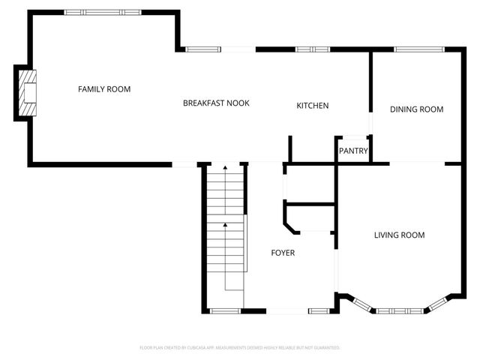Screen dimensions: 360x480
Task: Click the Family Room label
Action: [x=104, y=89]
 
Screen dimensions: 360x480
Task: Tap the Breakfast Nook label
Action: [x=216, y=103]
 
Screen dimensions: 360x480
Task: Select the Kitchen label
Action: [x=312, y=106]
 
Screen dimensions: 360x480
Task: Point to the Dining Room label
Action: [x=416, y=109]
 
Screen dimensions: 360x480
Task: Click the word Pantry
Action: [x=352, y=151]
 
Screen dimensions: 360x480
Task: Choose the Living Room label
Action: [x=399, y=235]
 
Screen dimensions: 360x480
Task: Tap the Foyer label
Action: [x=283, y=253]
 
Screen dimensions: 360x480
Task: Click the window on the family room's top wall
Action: [x=102, y=12]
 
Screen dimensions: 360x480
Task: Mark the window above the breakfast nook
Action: [x=203, y=49]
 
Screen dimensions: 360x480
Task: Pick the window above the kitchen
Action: [x=312, y=49]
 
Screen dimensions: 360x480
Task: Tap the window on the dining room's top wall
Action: [x=416, y=49]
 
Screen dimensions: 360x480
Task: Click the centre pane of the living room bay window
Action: [x=399, y=310]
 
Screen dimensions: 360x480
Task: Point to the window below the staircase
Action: [x=223, y=310]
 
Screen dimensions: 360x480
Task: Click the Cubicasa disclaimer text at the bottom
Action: [x=240, y=348]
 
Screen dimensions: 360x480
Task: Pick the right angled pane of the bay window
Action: [x=436, y=304]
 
